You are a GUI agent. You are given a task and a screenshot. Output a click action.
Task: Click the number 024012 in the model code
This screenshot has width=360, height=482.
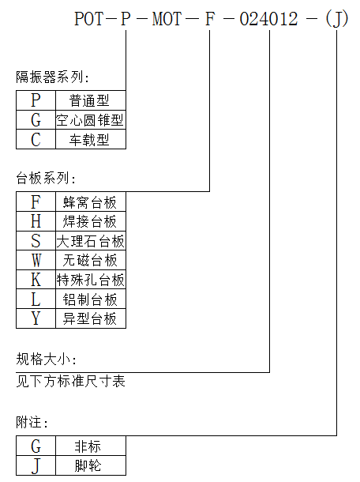(268, 19)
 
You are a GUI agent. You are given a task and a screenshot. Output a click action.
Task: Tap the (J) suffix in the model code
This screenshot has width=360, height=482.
(336, 19)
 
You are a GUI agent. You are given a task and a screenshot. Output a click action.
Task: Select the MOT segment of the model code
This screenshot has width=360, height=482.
(167, 19)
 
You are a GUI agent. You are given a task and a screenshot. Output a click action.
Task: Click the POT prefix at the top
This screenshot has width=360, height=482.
(89, 19)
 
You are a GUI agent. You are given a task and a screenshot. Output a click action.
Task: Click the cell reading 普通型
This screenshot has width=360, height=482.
(89, 100)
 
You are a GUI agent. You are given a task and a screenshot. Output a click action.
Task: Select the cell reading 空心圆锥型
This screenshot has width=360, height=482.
(90, 120)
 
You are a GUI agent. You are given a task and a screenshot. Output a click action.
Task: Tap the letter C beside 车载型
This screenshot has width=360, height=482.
(36, 139)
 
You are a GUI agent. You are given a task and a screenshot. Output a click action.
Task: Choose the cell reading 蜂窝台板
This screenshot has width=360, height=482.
(90, 202)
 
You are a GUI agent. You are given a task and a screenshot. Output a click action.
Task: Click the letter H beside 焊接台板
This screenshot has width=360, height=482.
(36, 221)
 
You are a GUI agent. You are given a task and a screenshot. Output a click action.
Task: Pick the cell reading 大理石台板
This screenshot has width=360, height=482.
(90, 241)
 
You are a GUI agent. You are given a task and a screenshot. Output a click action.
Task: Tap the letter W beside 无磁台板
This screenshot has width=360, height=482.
(36, 260)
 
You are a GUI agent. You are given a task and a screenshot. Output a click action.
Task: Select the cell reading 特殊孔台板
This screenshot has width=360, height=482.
(90, 280)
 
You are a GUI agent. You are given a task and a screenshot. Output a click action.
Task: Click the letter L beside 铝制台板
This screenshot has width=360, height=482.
(36, 299)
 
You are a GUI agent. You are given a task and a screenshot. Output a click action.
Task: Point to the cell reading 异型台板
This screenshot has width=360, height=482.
(90, 318)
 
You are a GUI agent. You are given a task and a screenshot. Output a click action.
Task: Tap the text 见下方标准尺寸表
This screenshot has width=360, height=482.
(70, 381)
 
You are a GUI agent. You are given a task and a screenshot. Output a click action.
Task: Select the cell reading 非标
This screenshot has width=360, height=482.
(88, 446)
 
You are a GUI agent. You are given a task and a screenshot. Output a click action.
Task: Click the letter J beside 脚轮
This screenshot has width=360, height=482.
(36, 466)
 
